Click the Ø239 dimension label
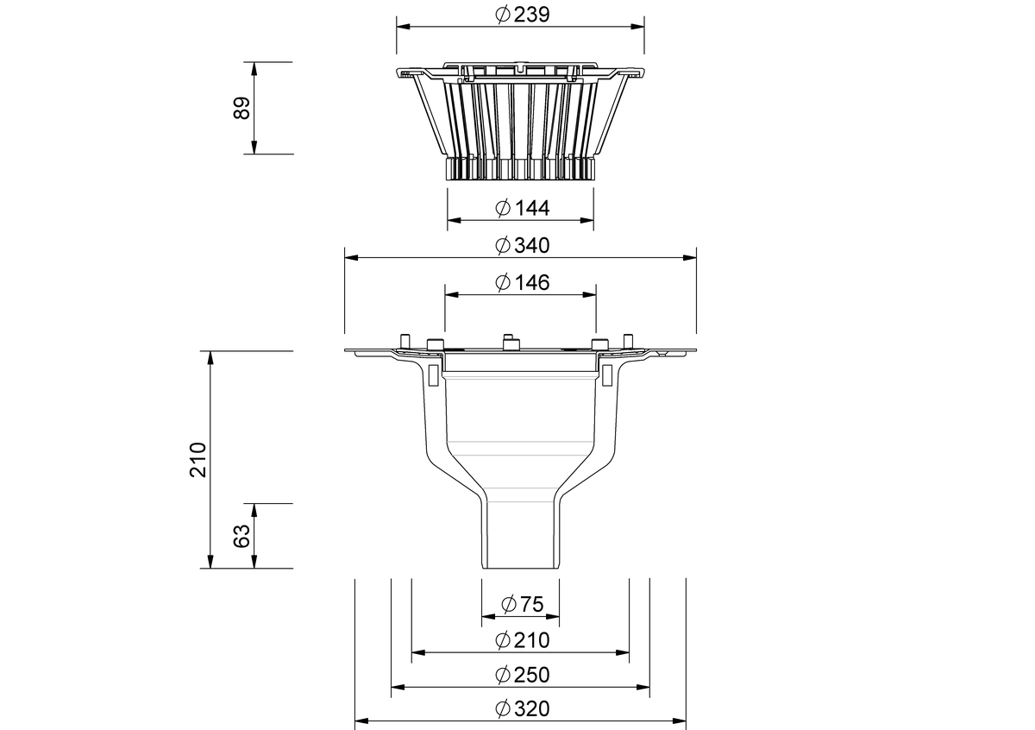tap(522, 15)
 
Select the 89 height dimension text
tap(241, 108)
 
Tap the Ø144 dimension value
tap(522, 208)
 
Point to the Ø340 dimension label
tap(522, 246)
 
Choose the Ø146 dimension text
tap(522, 283)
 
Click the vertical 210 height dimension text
tap(198, 460)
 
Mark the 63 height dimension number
tap(241, 536)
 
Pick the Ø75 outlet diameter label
tap(522, 604)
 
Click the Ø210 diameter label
tap(522, 641)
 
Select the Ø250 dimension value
tap(522, 676)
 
